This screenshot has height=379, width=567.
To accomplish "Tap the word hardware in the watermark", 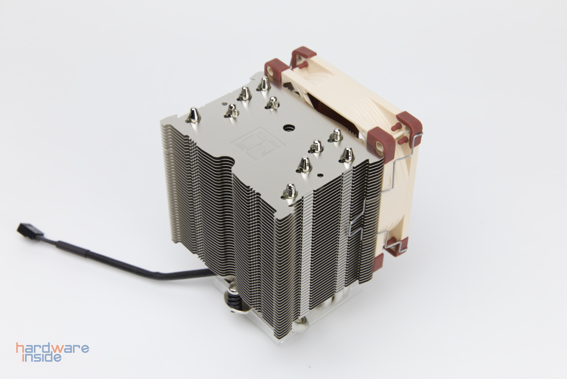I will (x=53, y=349).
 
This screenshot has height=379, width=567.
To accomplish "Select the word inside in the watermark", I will (x=42, y=357).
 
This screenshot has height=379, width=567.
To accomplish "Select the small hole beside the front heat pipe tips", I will (x=320, y=175).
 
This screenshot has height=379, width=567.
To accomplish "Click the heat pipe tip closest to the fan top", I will (x=263, y=84).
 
